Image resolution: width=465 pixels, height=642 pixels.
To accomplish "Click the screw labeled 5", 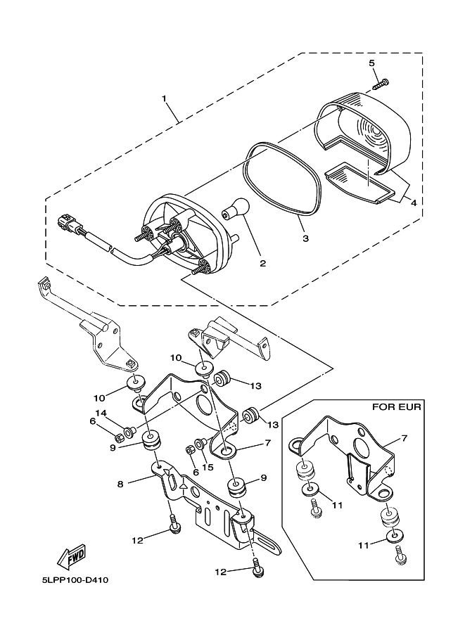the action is (x=381, y=84).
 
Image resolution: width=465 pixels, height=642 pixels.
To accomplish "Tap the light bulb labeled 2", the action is (x=236, y=207).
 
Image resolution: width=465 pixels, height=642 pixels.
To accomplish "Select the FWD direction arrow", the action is (x=72, y=557).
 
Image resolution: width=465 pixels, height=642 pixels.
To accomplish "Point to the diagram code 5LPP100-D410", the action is (x=75, y=580).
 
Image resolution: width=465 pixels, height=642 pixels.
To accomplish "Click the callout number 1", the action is (x=164, y=98).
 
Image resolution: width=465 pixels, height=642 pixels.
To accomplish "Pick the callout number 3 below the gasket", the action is (x=305, y=238).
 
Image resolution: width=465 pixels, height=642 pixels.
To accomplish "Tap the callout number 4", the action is (x=414, y=203).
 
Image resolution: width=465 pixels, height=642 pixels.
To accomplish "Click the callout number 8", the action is (x=120, y=484).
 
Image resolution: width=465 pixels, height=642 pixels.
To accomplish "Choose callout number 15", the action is (x=208, y=467).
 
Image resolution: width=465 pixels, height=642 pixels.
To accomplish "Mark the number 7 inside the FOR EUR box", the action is (x=405, y=438).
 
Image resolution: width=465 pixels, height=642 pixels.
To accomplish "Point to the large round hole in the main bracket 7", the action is (x=203, y=404).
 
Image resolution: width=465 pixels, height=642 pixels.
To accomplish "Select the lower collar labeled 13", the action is (x=250, y=416).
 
